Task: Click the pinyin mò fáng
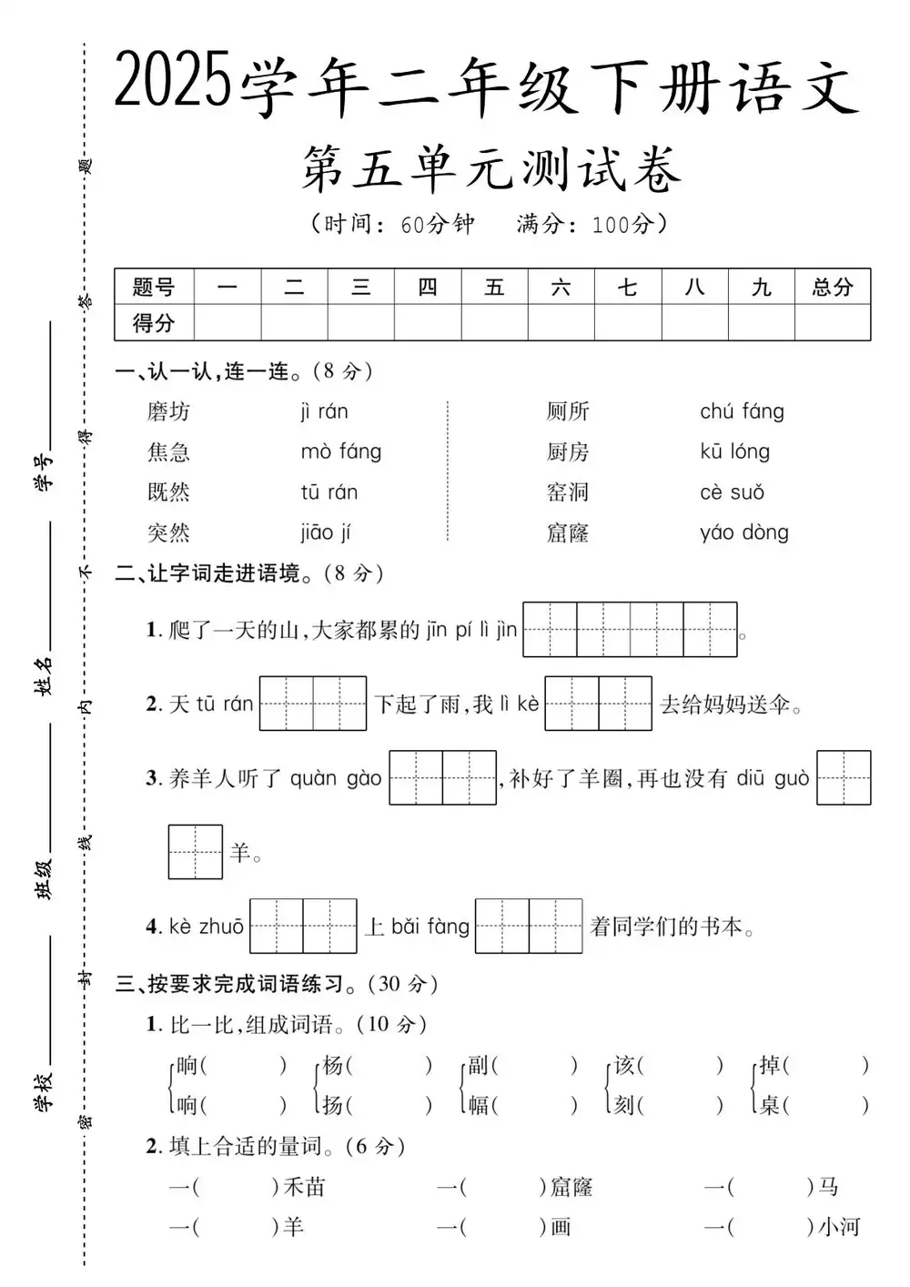pos(341,451)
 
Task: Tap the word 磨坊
pos(168,411)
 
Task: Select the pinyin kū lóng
pos(734,451)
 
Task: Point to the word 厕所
pos(568,411)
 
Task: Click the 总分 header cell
pos(832,288)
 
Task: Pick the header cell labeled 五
pos(494,288)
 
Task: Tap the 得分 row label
pos(153,323)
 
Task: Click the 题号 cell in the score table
pos(153,288)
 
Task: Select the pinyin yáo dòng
pos(744,532)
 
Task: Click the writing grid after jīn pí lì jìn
pos(630,630)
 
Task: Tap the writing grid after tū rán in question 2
pos(313,704)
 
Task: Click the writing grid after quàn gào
pos(442,778)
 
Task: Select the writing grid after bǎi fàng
pos(528,927)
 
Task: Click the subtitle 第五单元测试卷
pos(491,171)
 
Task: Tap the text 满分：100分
pos(591,224)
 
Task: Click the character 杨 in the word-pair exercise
pos(333,1065)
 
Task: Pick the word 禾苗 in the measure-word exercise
pos(304,1187)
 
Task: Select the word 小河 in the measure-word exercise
pos(838,1227)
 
